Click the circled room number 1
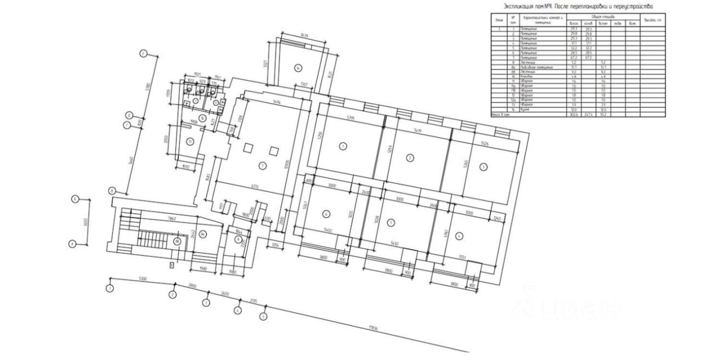pyautogui.click(x=343, y=146)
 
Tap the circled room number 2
pyautogui.click(x=409, y=158)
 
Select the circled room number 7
pyautogui.click(x=263, y=165)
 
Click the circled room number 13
pyautogui.click(x=190, y=142)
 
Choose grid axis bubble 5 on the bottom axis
pyautogui.click(x=263, y=316)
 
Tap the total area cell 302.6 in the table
pyautogui.click(x=574, y=115)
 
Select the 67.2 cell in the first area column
pyautogui.click(x=574, y=57)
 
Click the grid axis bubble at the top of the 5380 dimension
pyautogui.click(x=143, y=54)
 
